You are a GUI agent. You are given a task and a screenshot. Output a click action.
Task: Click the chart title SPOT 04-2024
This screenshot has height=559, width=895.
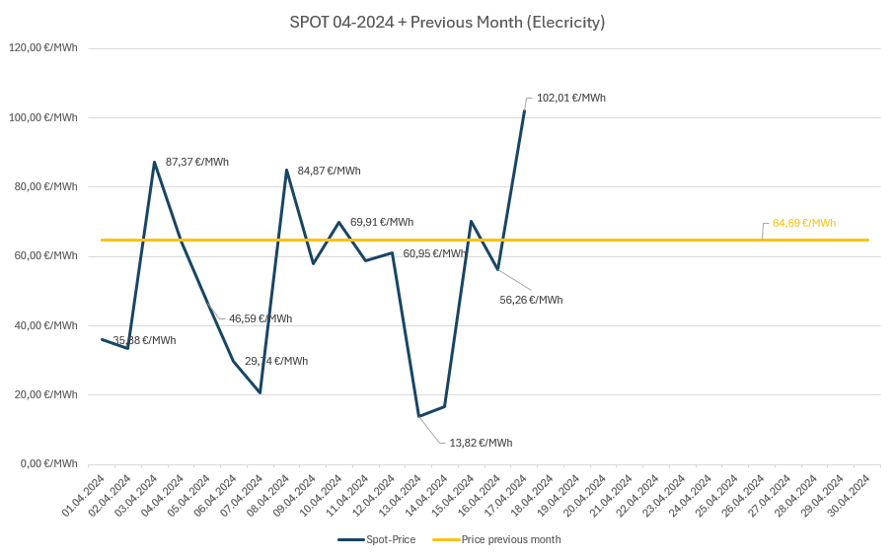[x=447, y=22]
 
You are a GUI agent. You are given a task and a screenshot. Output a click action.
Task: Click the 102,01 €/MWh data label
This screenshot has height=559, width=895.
[x=570, y=98]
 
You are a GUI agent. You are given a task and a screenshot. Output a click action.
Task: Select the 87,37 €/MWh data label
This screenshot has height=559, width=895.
[x=197, y=162]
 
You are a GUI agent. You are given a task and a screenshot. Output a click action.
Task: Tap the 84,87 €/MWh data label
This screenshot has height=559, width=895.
[x=329, y=171]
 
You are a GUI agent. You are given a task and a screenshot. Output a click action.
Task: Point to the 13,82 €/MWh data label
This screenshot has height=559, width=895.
[x=481, y=443]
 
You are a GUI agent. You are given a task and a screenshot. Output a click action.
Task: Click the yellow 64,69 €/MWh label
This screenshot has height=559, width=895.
[x=803, y=223]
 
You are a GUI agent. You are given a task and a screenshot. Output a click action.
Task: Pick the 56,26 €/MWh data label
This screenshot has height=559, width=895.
[x=531, y=300]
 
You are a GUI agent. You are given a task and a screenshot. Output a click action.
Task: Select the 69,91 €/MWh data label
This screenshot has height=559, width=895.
[x=382, y=222]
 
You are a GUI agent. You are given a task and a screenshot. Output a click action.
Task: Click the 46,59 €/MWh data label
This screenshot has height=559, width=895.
[x=261, y=318]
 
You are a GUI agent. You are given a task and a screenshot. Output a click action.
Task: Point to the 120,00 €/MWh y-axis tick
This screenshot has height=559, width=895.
[x=43, y=48]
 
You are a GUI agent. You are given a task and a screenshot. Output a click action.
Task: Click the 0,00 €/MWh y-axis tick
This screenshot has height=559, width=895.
[x=47, y=463]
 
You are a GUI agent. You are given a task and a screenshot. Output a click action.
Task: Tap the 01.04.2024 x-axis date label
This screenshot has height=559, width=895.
[x=85, y=495]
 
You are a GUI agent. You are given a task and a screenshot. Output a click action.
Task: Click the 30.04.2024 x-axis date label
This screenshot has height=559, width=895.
[x=851, y=495]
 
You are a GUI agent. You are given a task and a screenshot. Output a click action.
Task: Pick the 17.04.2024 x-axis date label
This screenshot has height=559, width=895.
[x=507, y=495]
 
